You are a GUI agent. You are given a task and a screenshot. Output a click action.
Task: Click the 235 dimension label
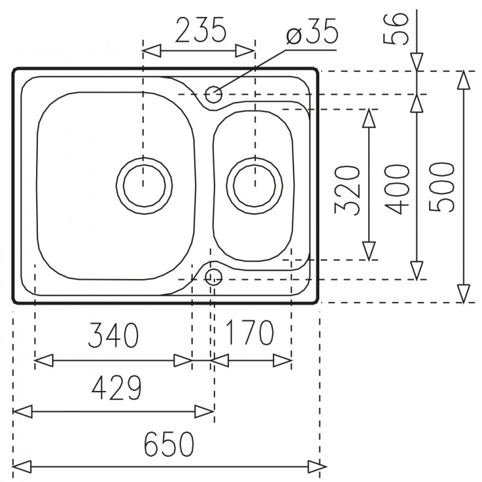pos(201,30)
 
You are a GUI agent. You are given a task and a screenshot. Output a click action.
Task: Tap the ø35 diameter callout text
pos(311,32)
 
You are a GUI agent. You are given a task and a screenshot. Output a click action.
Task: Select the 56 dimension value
pos(396,28)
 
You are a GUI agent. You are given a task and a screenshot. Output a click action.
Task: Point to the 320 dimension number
pos(348,190)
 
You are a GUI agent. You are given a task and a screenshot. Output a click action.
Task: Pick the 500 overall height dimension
pos(442,187)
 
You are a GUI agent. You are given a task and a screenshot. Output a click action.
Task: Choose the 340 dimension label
pos(113,335)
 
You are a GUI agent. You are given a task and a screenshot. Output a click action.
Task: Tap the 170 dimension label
pos(249,333)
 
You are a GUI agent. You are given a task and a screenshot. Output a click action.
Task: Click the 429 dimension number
pos(116,387)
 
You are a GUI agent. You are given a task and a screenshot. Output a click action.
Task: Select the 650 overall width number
pos(169,445)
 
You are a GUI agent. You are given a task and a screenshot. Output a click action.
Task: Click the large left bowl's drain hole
pos(144,186)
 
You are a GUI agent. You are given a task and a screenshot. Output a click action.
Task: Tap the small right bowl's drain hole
pos(254,186)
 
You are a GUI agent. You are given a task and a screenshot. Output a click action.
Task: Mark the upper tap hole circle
pos(213,94)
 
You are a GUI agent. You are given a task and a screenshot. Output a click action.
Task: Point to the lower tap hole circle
pos(213,277)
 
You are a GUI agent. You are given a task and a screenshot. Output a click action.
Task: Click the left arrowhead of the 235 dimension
pos(152,51)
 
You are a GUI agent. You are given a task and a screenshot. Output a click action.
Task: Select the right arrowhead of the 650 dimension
pos(318,467)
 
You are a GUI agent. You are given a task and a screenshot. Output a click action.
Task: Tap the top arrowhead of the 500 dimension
pos(463,80)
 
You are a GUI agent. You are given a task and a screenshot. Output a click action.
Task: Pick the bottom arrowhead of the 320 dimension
pos(369,251)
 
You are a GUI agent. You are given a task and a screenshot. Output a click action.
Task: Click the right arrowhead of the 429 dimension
pos(204,412)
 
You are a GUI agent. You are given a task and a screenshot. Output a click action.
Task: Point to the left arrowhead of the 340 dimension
pos(44,360)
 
